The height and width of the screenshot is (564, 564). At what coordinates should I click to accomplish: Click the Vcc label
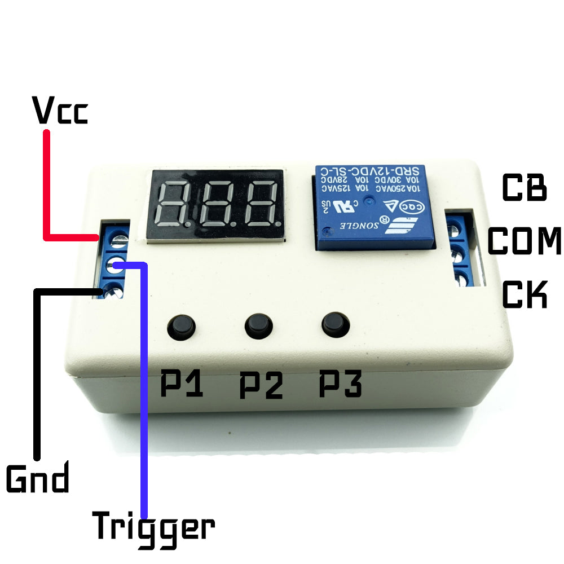pos(60,111)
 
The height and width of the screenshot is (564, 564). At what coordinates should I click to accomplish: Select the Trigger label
pos(153,527)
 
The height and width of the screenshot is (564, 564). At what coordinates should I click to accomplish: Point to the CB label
pos(524,188)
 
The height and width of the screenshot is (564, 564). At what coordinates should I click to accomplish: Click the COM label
pos(525,241)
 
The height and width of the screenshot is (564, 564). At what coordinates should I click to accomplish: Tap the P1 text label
pos(182,385)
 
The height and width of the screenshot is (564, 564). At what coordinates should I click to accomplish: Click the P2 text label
pos(261,385)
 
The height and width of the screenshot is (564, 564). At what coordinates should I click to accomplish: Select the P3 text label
pos(340,385)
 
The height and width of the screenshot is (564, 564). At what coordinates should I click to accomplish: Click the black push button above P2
pos(259,325)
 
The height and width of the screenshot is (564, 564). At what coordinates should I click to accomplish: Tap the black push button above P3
pos(336,324)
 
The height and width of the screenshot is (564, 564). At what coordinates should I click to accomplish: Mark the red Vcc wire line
pos(47,186)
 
